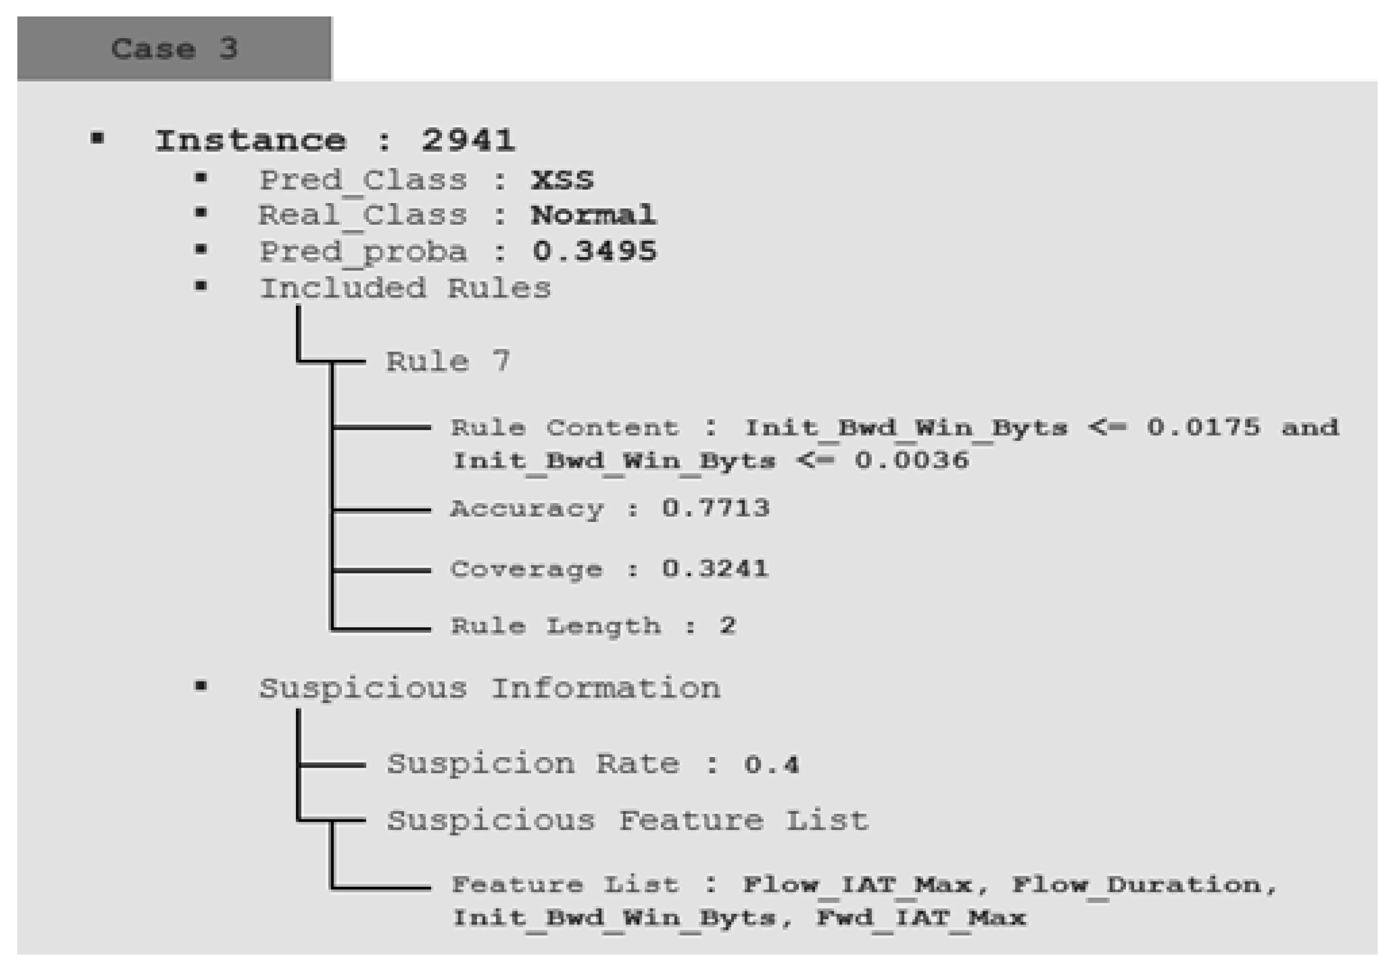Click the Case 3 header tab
(x=174, y=48)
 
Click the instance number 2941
(x=468, y=141)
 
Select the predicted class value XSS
(x=562, y=180)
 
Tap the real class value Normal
(x=593, y=215)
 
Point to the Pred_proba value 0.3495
(x=594, y=251)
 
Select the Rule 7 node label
(x=448, y=361)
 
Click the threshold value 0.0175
(x=1203, y=428)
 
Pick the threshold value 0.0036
(x=912, y=460)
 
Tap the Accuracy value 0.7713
(x=715, y=508)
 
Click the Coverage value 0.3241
(x=715, y=569)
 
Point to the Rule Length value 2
(x=727, y=625)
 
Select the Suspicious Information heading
(x=490, y=688)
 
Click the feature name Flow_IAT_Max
(x=858, y=885)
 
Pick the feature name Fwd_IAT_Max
(x=921, y=918)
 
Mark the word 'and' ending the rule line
(x=1310, y=428)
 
